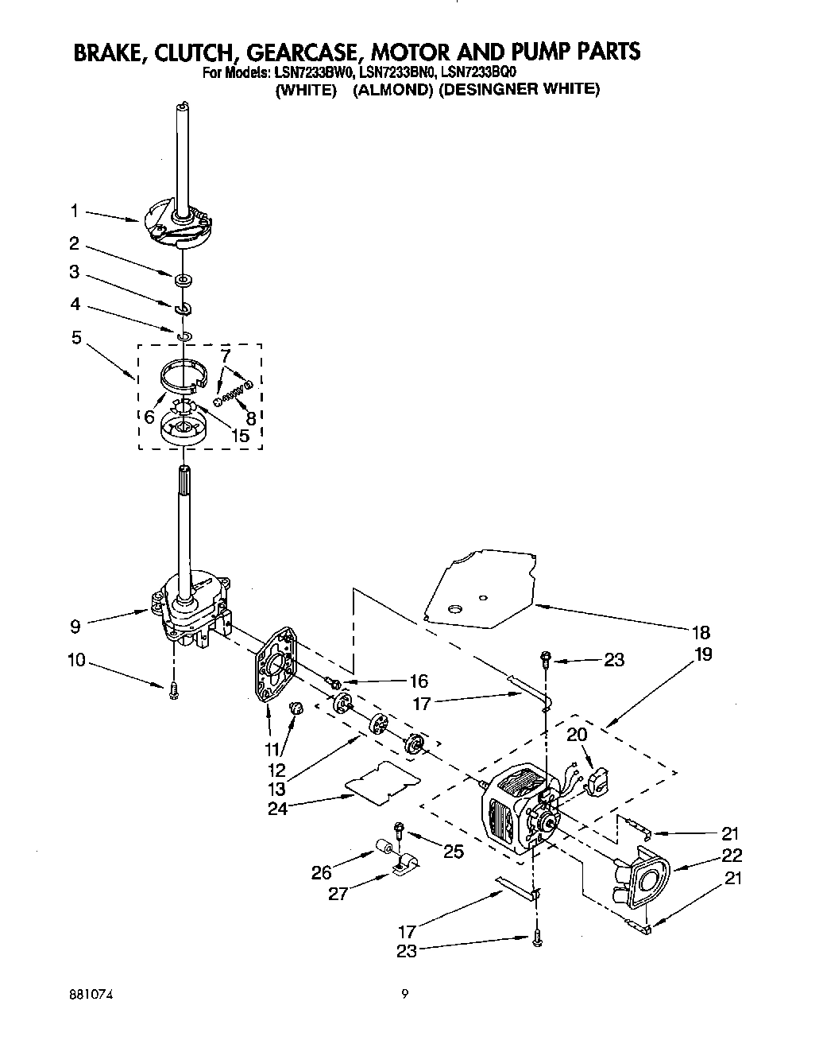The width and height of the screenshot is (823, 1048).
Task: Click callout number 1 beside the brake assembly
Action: pyautogui.click(x=74, y=211)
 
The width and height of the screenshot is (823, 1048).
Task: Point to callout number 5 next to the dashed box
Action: pyautogui.click(x=76, y=337)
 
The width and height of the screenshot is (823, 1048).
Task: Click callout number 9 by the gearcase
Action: pyautogui.click(x=75, y=626)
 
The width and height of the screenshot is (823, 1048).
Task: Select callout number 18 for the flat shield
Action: pyautogui.click(x=700, y=633)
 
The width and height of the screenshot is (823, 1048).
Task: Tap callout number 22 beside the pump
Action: pyautogui.click(x=731, y=855)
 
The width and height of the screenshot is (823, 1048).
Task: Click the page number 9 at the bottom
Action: pyautogui.click(x=405, y=993)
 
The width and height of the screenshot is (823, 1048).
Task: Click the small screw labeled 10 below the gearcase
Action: pyautogui.click(x=174, y=692)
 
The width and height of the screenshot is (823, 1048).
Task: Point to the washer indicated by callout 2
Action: pyautogui.click(x=183, y=279)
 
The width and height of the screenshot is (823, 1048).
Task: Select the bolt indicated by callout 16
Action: pyautogui.click(x=334, y=683)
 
